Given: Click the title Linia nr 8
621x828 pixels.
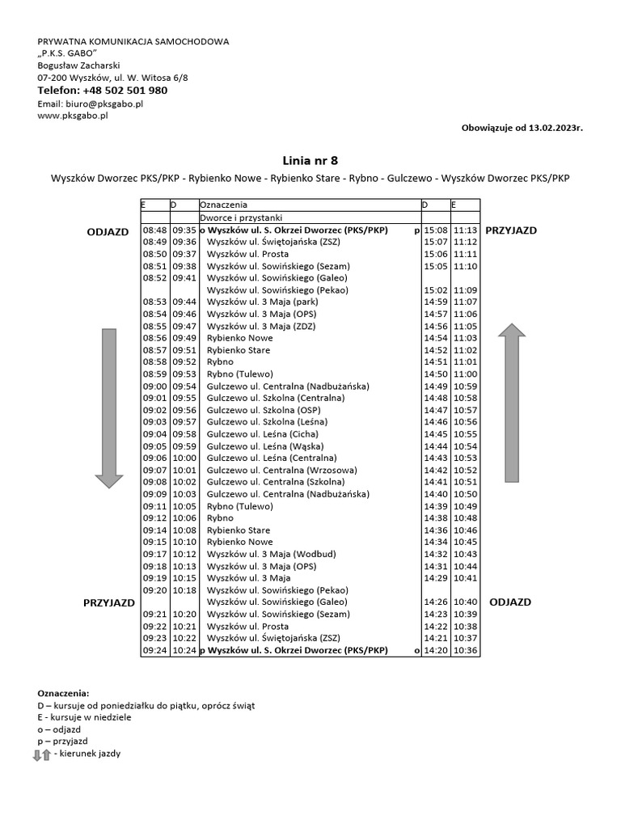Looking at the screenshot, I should click(x=310, y=160).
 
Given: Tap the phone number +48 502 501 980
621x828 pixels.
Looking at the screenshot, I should click(x=125, y=91).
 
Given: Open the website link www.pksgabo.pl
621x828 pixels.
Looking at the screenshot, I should click(x=73, y=116).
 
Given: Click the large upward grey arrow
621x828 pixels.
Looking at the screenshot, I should click(x=512, y=401).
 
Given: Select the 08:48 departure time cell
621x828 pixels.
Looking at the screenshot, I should click(x=154, y=230).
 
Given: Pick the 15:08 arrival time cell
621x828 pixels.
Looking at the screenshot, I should click(x=435, y=230).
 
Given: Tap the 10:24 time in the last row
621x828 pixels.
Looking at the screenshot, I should click(x=184, y=650).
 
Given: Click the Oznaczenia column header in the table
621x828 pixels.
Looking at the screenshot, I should click(x=224, y=206).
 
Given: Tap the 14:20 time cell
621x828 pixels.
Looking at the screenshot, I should click(x=435, y=650).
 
